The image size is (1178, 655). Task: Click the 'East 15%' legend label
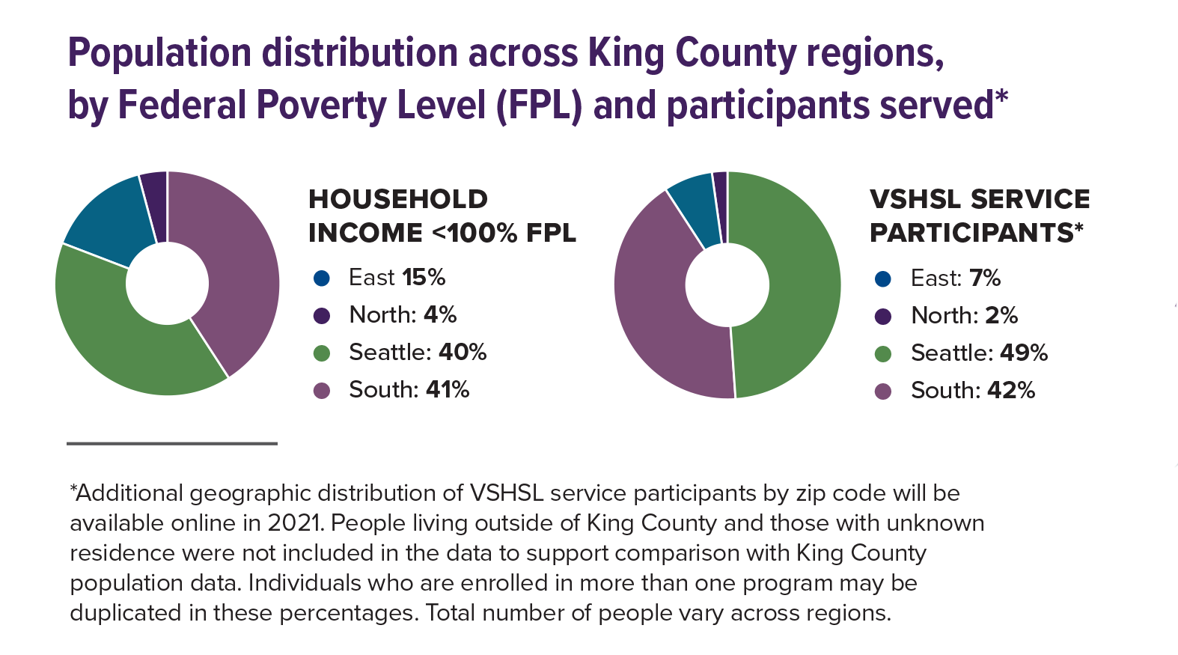[x=397, y=278]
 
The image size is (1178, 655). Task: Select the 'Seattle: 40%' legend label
[x=418, y=353]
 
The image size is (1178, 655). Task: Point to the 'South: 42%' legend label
[x=972, y=391]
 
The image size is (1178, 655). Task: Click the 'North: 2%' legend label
[x=964, y=316]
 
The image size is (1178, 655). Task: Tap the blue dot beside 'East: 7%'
[x=883, y=279]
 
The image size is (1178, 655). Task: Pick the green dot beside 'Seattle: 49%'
[x=883, y=354]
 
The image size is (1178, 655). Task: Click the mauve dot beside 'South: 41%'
[x=322, y=391]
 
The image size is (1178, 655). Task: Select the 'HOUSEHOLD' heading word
[x=398, y=199]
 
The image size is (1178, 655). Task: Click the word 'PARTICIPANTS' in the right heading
[x=971, y=233]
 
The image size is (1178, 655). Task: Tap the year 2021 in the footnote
[x=291, y=523]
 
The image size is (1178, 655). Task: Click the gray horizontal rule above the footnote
[x=172, y=444]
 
